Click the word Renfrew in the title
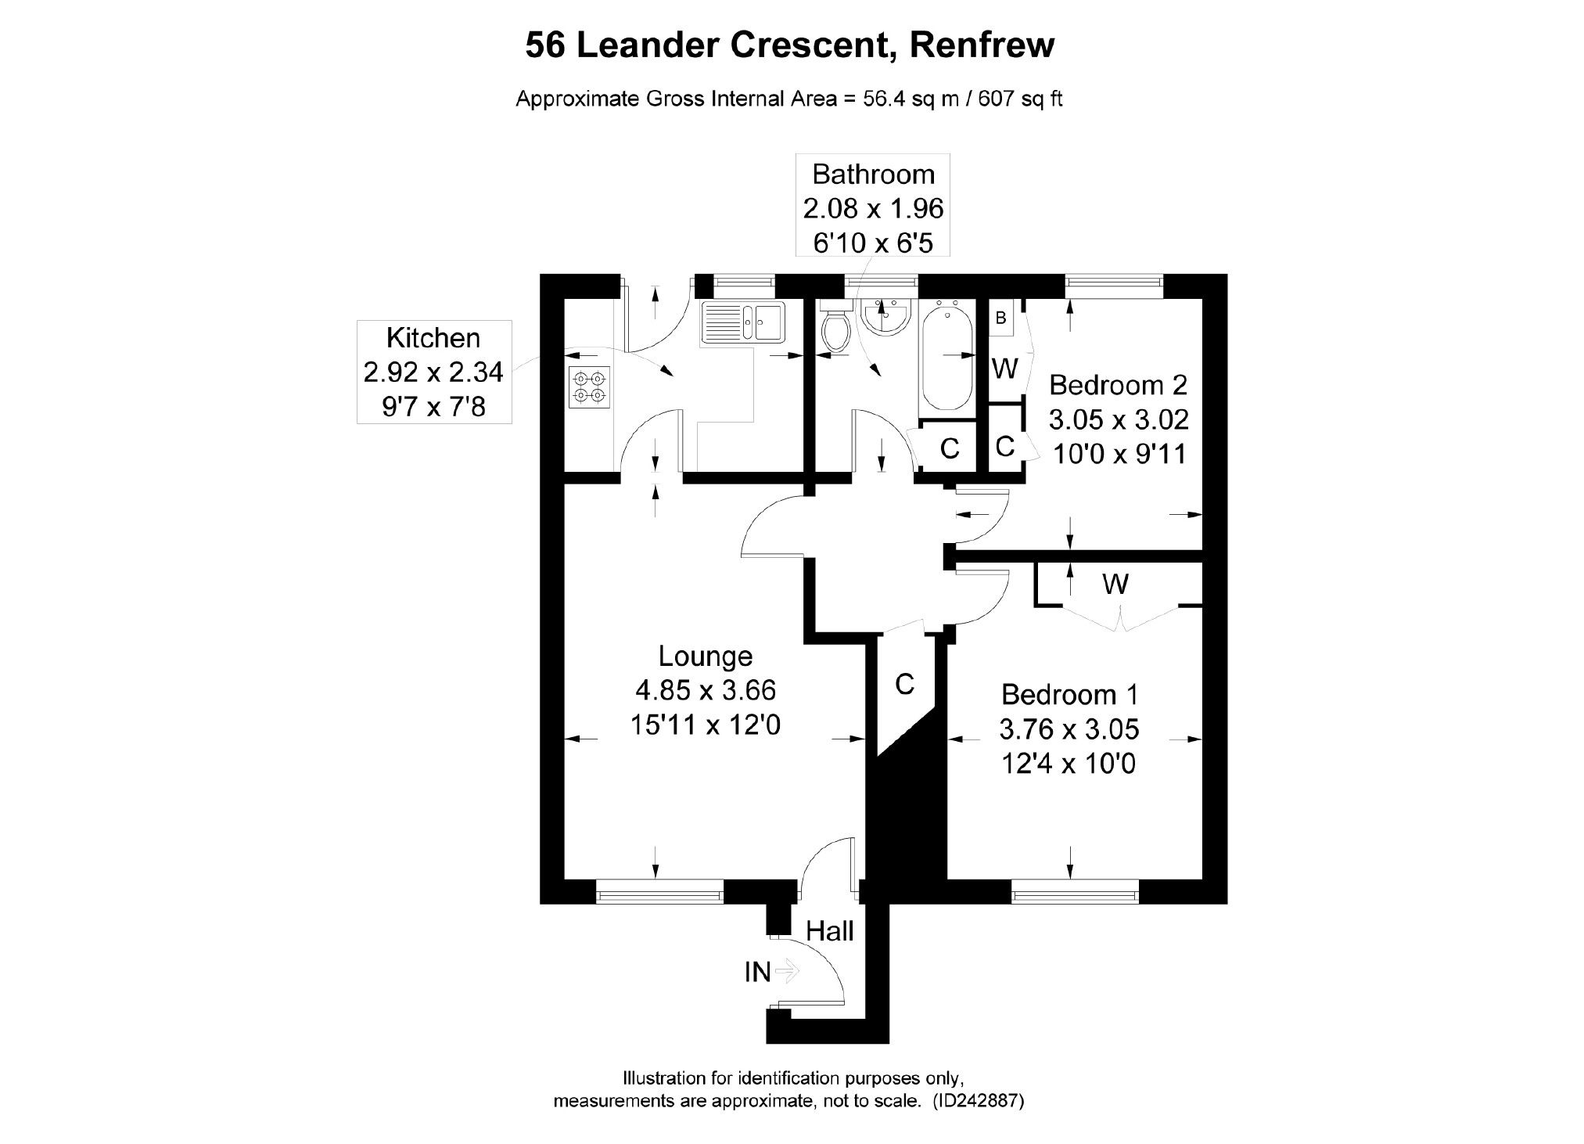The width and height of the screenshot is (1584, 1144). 982,45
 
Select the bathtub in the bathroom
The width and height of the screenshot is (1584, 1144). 947,357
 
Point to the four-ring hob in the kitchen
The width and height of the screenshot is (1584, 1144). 588,387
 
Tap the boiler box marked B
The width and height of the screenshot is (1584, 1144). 1000,318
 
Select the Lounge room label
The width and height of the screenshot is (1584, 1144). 705,656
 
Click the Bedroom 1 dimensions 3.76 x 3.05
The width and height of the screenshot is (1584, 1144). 1069,729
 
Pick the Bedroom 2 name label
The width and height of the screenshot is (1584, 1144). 1118,385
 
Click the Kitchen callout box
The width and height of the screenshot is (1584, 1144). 434,372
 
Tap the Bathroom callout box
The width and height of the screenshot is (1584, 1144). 873,206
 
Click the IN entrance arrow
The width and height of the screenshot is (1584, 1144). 785,972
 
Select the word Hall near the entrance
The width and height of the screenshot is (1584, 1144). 830,931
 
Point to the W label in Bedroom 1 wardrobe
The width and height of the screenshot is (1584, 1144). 1115,584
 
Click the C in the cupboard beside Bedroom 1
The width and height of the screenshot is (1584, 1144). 904,685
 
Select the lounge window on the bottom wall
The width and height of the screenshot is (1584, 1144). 659,890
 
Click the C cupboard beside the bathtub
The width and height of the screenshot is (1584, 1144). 949,448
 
